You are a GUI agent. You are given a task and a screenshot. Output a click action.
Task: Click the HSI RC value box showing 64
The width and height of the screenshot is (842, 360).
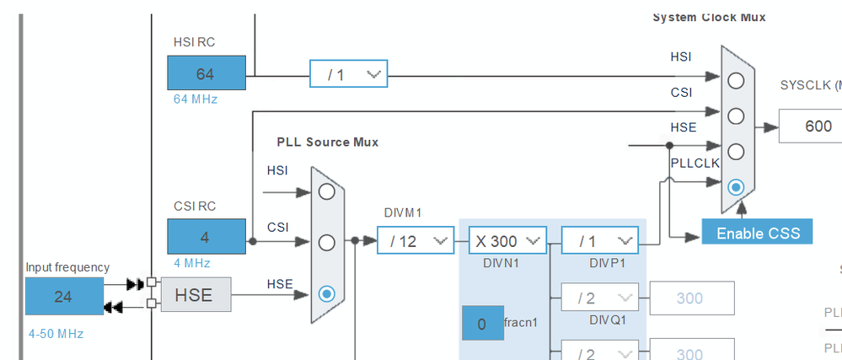(x=206, y=73)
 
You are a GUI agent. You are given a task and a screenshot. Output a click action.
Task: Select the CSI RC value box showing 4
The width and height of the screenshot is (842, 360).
(x=206, y=237)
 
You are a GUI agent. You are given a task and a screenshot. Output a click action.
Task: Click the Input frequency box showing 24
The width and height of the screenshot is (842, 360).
(x=64, y=296)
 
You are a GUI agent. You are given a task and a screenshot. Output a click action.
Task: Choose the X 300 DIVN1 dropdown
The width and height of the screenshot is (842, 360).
(x=507, y=241)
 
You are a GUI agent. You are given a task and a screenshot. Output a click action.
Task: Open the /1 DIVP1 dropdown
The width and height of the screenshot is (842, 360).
(x=599, y=241)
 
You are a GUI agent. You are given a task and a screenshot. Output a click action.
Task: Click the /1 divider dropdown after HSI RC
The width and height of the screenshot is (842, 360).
(x=348, y=74)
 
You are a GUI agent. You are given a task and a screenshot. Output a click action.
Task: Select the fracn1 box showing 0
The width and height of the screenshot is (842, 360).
(x=482, y=324)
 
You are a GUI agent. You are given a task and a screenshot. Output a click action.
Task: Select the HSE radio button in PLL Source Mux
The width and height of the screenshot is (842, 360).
(x=327, y=293)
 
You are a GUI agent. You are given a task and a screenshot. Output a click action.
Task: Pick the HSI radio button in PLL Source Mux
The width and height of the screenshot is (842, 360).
(x=327, y=191)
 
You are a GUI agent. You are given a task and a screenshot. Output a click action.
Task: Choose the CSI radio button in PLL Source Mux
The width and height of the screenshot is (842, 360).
(x=327, y=243)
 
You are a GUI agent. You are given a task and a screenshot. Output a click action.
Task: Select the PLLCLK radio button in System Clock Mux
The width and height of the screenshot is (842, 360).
(x=737, y=186)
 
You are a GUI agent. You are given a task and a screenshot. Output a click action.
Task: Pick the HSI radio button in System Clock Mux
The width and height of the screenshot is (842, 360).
(x=737, y=81)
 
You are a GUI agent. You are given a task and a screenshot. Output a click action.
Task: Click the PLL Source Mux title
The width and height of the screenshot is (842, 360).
(x=327, y=142)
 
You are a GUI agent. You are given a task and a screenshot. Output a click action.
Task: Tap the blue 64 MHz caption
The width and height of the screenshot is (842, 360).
(x=195, y=99)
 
